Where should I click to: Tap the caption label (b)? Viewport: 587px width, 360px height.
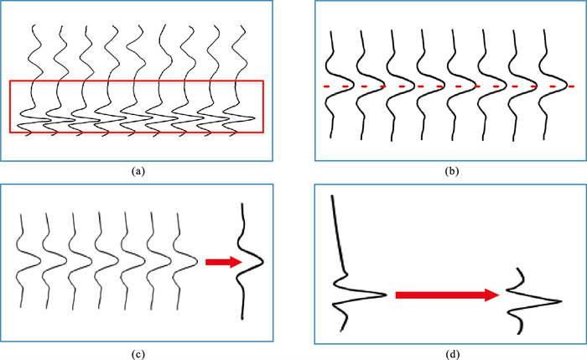pyautogui.click(x=449, y=171)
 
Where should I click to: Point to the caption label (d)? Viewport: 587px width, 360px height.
pyautogui.click(x=449, y=353)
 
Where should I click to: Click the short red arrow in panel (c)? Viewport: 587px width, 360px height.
pyautogui.click(x=221, y=263)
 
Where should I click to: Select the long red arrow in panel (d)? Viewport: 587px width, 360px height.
pyautogui.click(x=444, y=295)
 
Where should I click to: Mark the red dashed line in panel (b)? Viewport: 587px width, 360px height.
pyautogui.click(x=449, y=86)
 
